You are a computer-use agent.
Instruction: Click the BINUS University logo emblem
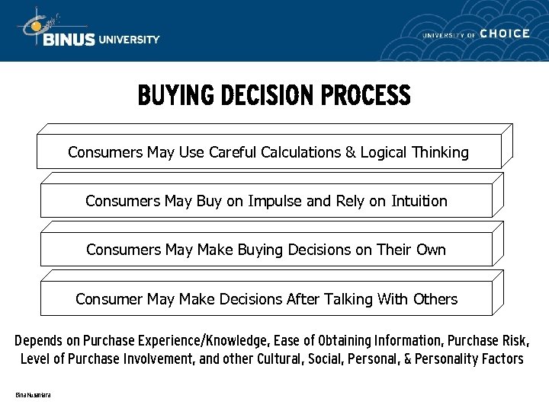coord(34,27)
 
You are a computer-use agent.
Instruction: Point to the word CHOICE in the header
coord(505,33)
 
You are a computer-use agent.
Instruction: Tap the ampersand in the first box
coord(351,152)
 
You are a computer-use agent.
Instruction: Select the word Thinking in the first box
coord(440,152)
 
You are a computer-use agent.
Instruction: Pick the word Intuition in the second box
coord(419,201)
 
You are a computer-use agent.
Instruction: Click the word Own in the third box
coord(431,250)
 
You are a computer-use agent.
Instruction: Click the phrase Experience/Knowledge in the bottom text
coord(212,340)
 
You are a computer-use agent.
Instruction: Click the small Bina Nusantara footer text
coord(33,395)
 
